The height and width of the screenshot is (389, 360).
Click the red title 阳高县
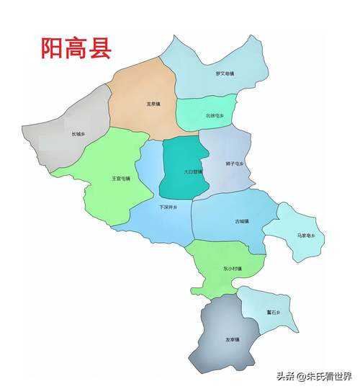[x=76, y=48]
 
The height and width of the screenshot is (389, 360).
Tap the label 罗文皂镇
[x=225, y=73]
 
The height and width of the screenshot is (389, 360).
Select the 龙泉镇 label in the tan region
[x=153, y=104]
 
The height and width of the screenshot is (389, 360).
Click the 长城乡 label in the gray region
[x=78, y=133]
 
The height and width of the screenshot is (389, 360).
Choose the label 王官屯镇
[x=120, y=178]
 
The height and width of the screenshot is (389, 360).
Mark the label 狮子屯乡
[x=235, y=164]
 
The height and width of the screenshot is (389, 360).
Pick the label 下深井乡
[x=167, y=207]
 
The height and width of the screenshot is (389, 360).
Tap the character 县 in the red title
[x=99, y=48]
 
